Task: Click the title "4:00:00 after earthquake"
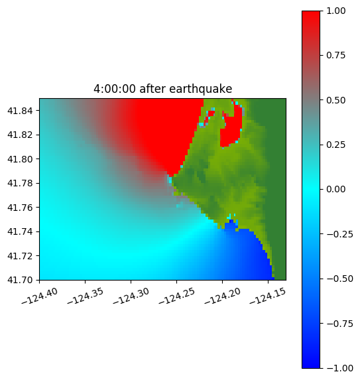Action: tap(163, 89)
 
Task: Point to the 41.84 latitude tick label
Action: tap(20, 111)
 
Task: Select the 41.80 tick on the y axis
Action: tap(20, 159)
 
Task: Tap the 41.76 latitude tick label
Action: tap(20, 208)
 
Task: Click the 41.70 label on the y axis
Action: tap(20, 280)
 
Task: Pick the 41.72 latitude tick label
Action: tap(20, 256)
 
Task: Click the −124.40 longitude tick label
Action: tap(40, 296)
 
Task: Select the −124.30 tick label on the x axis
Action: tap(131, 296)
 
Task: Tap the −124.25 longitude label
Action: tap(177, 296)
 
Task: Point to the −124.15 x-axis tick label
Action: tap(268, 296)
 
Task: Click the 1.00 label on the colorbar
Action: tap(335, 11)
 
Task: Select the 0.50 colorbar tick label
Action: tap(335, 100)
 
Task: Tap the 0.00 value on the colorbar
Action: tap(335, 190)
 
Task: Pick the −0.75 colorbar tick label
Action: tap(339, 324)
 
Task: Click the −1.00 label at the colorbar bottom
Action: tap(339, 368)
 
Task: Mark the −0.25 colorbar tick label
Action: tap(339, 234)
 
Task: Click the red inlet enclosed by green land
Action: tap(232, 130)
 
